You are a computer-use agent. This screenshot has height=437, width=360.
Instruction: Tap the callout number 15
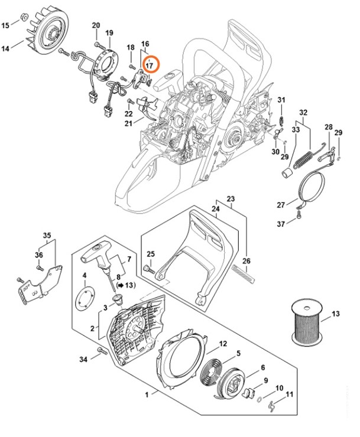[7, 25]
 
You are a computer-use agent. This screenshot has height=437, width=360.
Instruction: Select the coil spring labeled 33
[306, 159]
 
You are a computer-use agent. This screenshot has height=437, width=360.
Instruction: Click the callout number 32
[303, 113]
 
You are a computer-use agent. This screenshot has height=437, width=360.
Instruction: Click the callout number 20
[96, 24]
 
